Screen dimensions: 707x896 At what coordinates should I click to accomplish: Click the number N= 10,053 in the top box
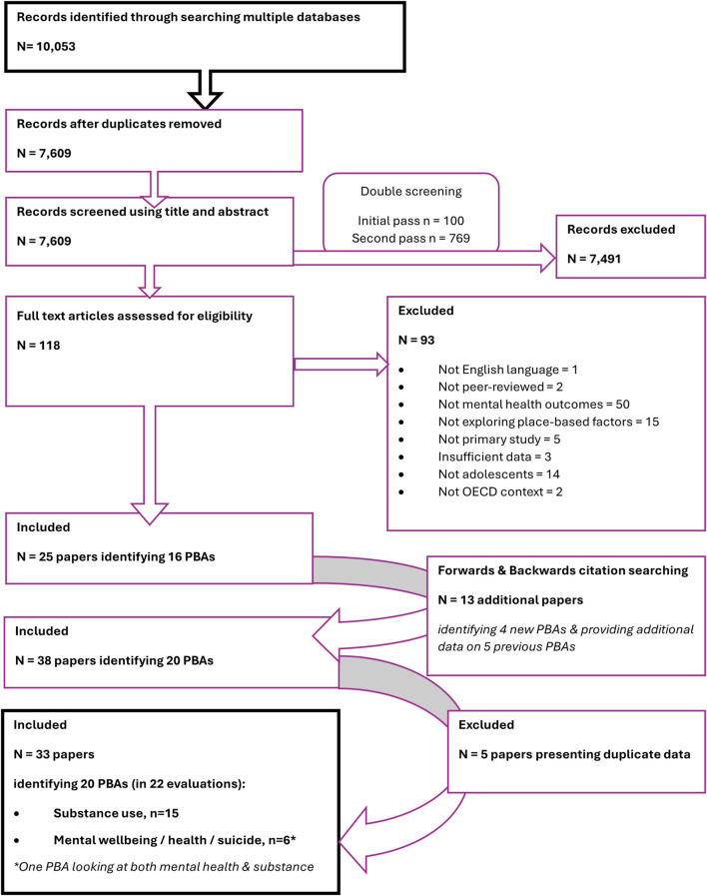point(46,46)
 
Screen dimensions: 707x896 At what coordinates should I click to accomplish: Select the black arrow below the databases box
point(205,90)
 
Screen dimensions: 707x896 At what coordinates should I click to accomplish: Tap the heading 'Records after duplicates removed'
point(119,124)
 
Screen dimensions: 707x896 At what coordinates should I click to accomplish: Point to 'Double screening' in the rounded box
point(411,192)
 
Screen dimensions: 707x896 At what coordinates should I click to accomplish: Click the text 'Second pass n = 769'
point(411,239)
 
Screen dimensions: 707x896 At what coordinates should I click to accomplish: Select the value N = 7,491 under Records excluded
point(594,259)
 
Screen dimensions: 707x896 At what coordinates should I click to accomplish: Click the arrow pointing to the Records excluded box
point(424,259)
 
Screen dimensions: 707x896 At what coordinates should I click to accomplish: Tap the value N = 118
point(38,346)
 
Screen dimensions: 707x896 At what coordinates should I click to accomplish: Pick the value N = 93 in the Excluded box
point(416,340)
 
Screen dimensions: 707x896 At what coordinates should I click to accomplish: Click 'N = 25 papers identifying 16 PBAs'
point(116,557)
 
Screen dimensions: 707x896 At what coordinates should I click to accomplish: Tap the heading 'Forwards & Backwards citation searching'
point(563,570)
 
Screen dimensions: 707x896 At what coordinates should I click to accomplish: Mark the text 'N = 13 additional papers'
point(510,600)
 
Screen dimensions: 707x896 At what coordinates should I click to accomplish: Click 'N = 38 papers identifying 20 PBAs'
point(114,661)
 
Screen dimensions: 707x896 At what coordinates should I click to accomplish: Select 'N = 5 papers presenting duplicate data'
point(574,755)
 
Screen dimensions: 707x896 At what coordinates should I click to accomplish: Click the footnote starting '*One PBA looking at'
point(164,867)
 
